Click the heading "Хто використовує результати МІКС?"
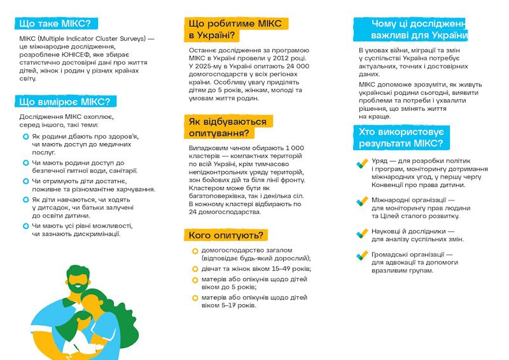tap(401, 137)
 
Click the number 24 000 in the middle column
tap(293, 66)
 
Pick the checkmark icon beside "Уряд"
tap(361, 164)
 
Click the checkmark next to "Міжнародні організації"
tap(361, 203)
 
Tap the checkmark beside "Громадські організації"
tap(361, 256)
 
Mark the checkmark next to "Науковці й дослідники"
tap(361, 233)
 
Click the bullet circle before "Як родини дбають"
tap(25, 137)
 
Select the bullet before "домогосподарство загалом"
tap(195, 251)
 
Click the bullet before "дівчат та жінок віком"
tap(195, 268)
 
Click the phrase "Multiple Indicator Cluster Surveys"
tap(90, 39)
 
